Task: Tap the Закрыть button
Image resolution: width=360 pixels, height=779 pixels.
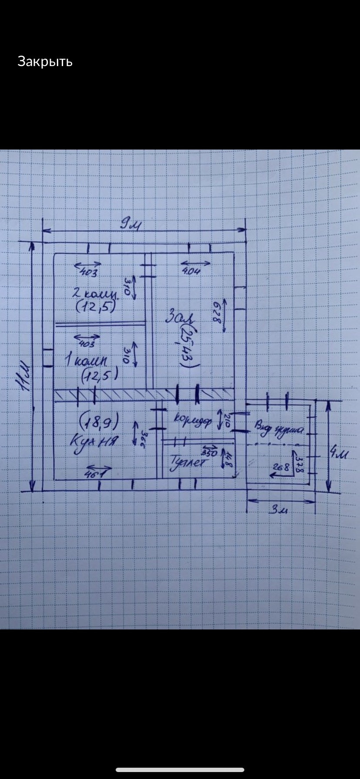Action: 45,62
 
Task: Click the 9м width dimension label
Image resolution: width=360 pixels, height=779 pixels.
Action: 130,225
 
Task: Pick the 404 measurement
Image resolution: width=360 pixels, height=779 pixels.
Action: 191,271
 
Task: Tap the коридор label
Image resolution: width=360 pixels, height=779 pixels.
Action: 193,420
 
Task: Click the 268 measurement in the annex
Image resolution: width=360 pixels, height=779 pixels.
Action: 280,468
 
